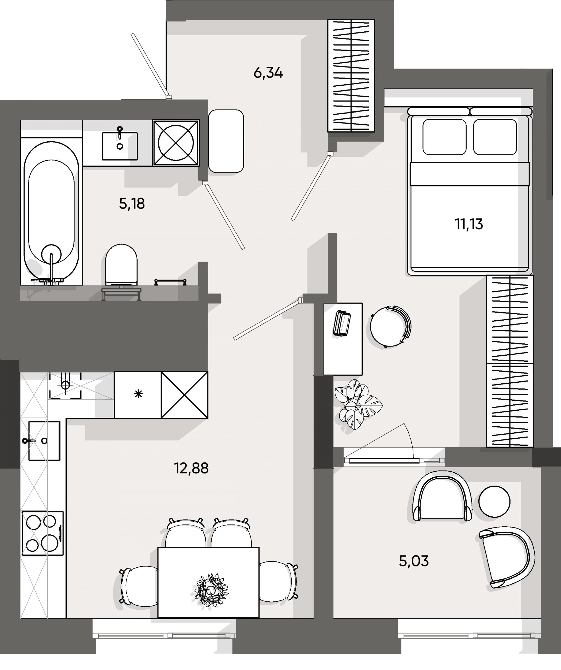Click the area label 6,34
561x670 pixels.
click(268, 73)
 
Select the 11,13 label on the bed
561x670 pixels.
click(469, 224)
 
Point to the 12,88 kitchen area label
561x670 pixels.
click(191, 468)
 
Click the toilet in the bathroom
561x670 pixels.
click(121, 264)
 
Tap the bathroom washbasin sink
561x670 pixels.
click(120, 146)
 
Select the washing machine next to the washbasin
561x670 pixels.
click(176, 143)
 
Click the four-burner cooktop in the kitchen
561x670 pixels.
click(43, 533)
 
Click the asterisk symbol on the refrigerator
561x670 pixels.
click(138, 395)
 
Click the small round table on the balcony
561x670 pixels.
click(494, 502)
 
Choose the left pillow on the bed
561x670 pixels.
click(444, 137)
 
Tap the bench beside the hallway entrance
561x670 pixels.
click(226, 141)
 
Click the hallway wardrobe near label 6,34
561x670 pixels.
click(351, 76)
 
